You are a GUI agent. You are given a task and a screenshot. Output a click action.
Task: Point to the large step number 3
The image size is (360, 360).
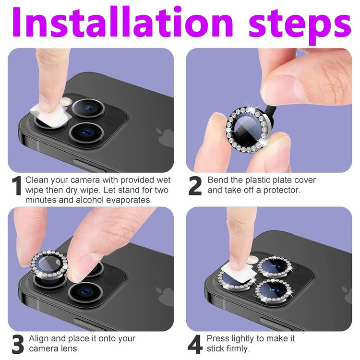coord(18,344)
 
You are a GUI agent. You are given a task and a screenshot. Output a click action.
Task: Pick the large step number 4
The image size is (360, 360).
coord(195,344)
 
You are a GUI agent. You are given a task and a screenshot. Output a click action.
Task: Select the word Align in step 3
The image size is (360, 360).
coord(39,339)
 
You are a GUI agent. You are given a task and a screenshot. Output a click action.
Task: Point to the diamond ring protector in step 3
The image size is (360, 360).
coord(49,264)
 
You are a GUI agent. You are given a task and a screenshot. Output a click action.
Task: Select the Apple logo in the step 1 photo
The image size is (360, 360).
coord(165,137)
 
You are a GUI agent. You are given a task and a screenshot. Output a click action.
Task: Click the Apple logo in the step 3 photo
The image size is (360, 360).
coord(165,296)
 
